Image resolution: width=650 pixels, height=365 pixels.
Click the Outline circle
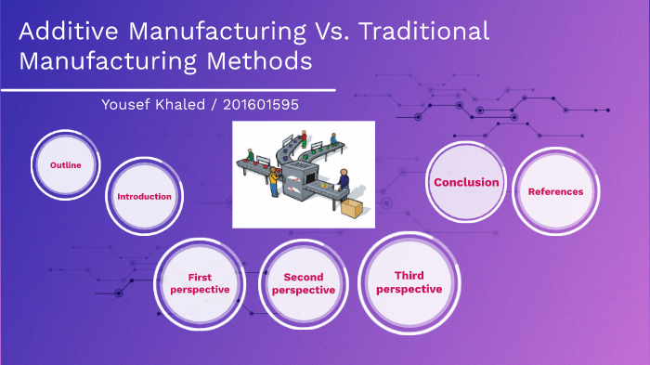(66, 165)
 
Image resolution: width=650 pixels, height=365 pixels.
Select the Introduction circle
(144, 196)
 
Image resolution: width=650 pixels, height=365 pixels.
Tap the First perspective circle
(198, 283)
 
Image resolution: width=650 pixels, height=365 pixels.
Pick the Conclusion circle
(466, 182)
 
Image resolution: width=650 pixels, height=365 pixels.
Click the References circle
(555, 191)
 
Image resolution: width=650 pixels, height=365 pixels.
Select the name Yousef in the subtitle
(126, 104)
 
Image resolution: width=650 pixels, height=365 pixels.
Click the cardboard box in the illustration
(353, 208)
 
